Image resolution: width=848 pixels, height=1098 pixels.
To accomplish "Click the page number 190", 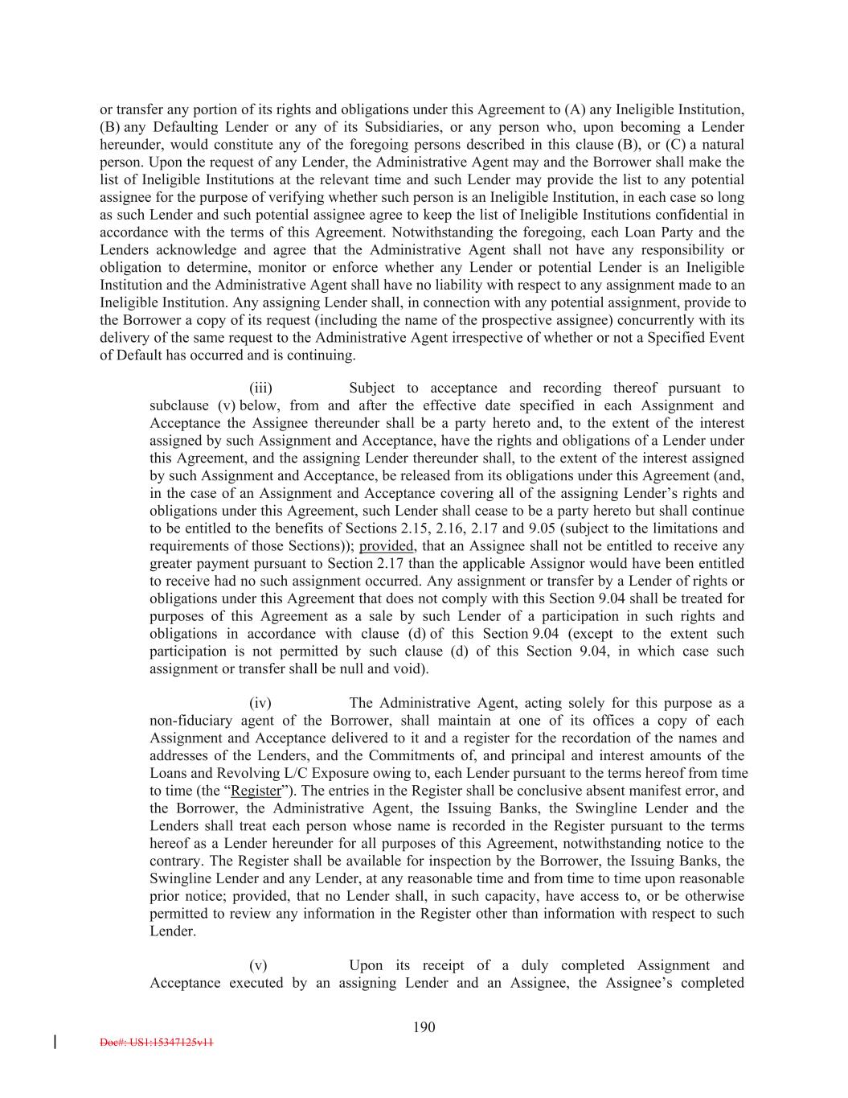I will click(x=424, y=1026).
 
